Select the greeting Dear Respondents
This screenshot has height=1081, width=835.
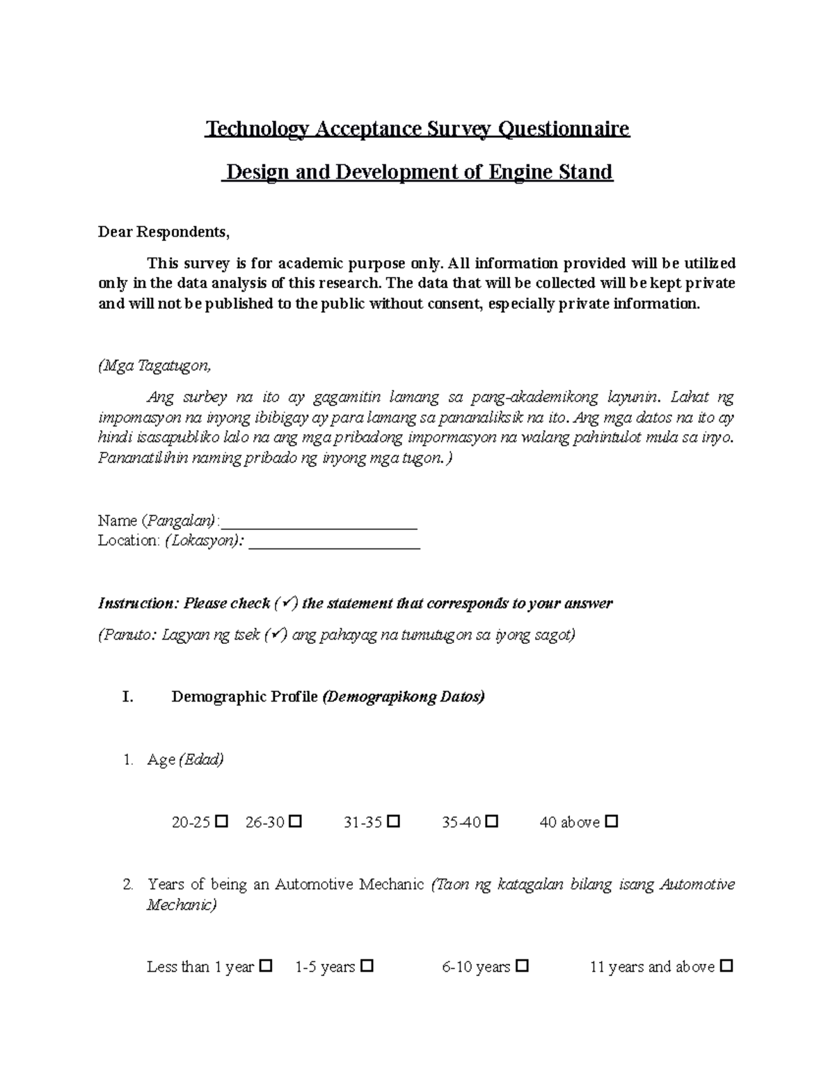(x=164, y=232)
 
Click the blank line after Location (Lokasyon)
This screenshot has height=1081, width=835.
(x=334, y=541)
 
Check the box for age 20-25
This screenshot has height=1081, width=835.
(x=222, y=821)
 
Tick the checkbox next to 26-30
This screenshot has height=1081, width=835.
(x=295, y=821)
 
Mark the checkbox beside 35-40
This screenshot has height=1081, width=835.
(x=492, y=821)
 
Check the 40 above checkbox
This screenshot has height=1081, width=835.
(x=612, y=821)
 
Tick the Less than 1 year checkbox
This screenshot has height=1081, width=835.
(x=265, y=966)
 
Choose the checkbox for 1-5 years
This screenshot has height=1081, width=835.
(x=367, y=966)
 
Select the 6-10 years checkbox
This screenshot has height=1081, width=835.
(x=523, y=966)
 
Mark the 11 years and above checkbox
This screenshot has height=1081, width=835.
(x=726, y=966)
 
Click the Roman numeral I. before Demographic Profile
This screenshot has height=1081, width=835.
(x=127, y=697)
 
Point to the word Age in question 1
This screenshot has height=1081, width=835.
(x=161, y=759)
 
